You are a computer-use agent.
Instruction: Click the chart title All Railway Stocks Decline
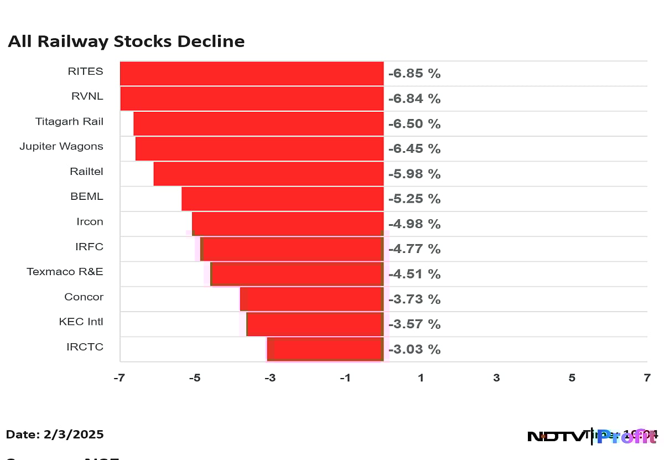point(126,42)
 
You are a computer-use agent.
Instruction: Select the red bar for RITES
point(252,74)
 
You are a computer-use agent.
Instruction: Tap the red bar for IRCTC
point(325,349)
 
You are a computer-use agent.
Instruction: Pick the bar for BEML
point(282,199)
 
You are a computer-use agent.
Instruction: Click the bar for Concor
point(312,299)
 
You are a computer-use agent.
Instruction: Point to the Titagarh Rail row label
point(69,121)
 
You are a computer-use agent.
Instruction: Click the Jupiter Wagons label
point(61,146)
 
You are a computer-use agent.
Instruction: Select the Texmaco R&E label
point(65,272)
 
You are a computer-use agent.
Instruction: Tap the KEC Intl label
point(81,322)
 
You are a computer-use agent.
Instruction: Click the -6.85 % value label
point(414,74)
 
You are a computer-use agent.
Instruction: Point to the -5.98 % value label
point(414,174)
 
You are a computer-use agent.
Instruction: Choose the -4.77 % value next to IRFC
point(414,249)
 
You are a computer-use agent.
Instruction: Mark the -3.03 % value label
point(414,349)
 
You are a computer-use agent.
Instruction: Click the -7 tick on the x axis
point(119,378)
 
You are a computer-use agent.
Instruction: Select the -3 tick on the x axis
point(269,378)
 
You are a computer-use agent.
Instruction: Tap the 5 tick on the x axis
point(572,378)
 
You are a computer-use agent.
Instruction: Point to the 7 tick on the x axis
point(647,378)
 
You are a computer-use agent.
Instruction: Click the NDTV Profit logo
point(592,436)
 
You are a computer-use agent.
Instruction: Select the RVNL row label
point(87,96)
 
